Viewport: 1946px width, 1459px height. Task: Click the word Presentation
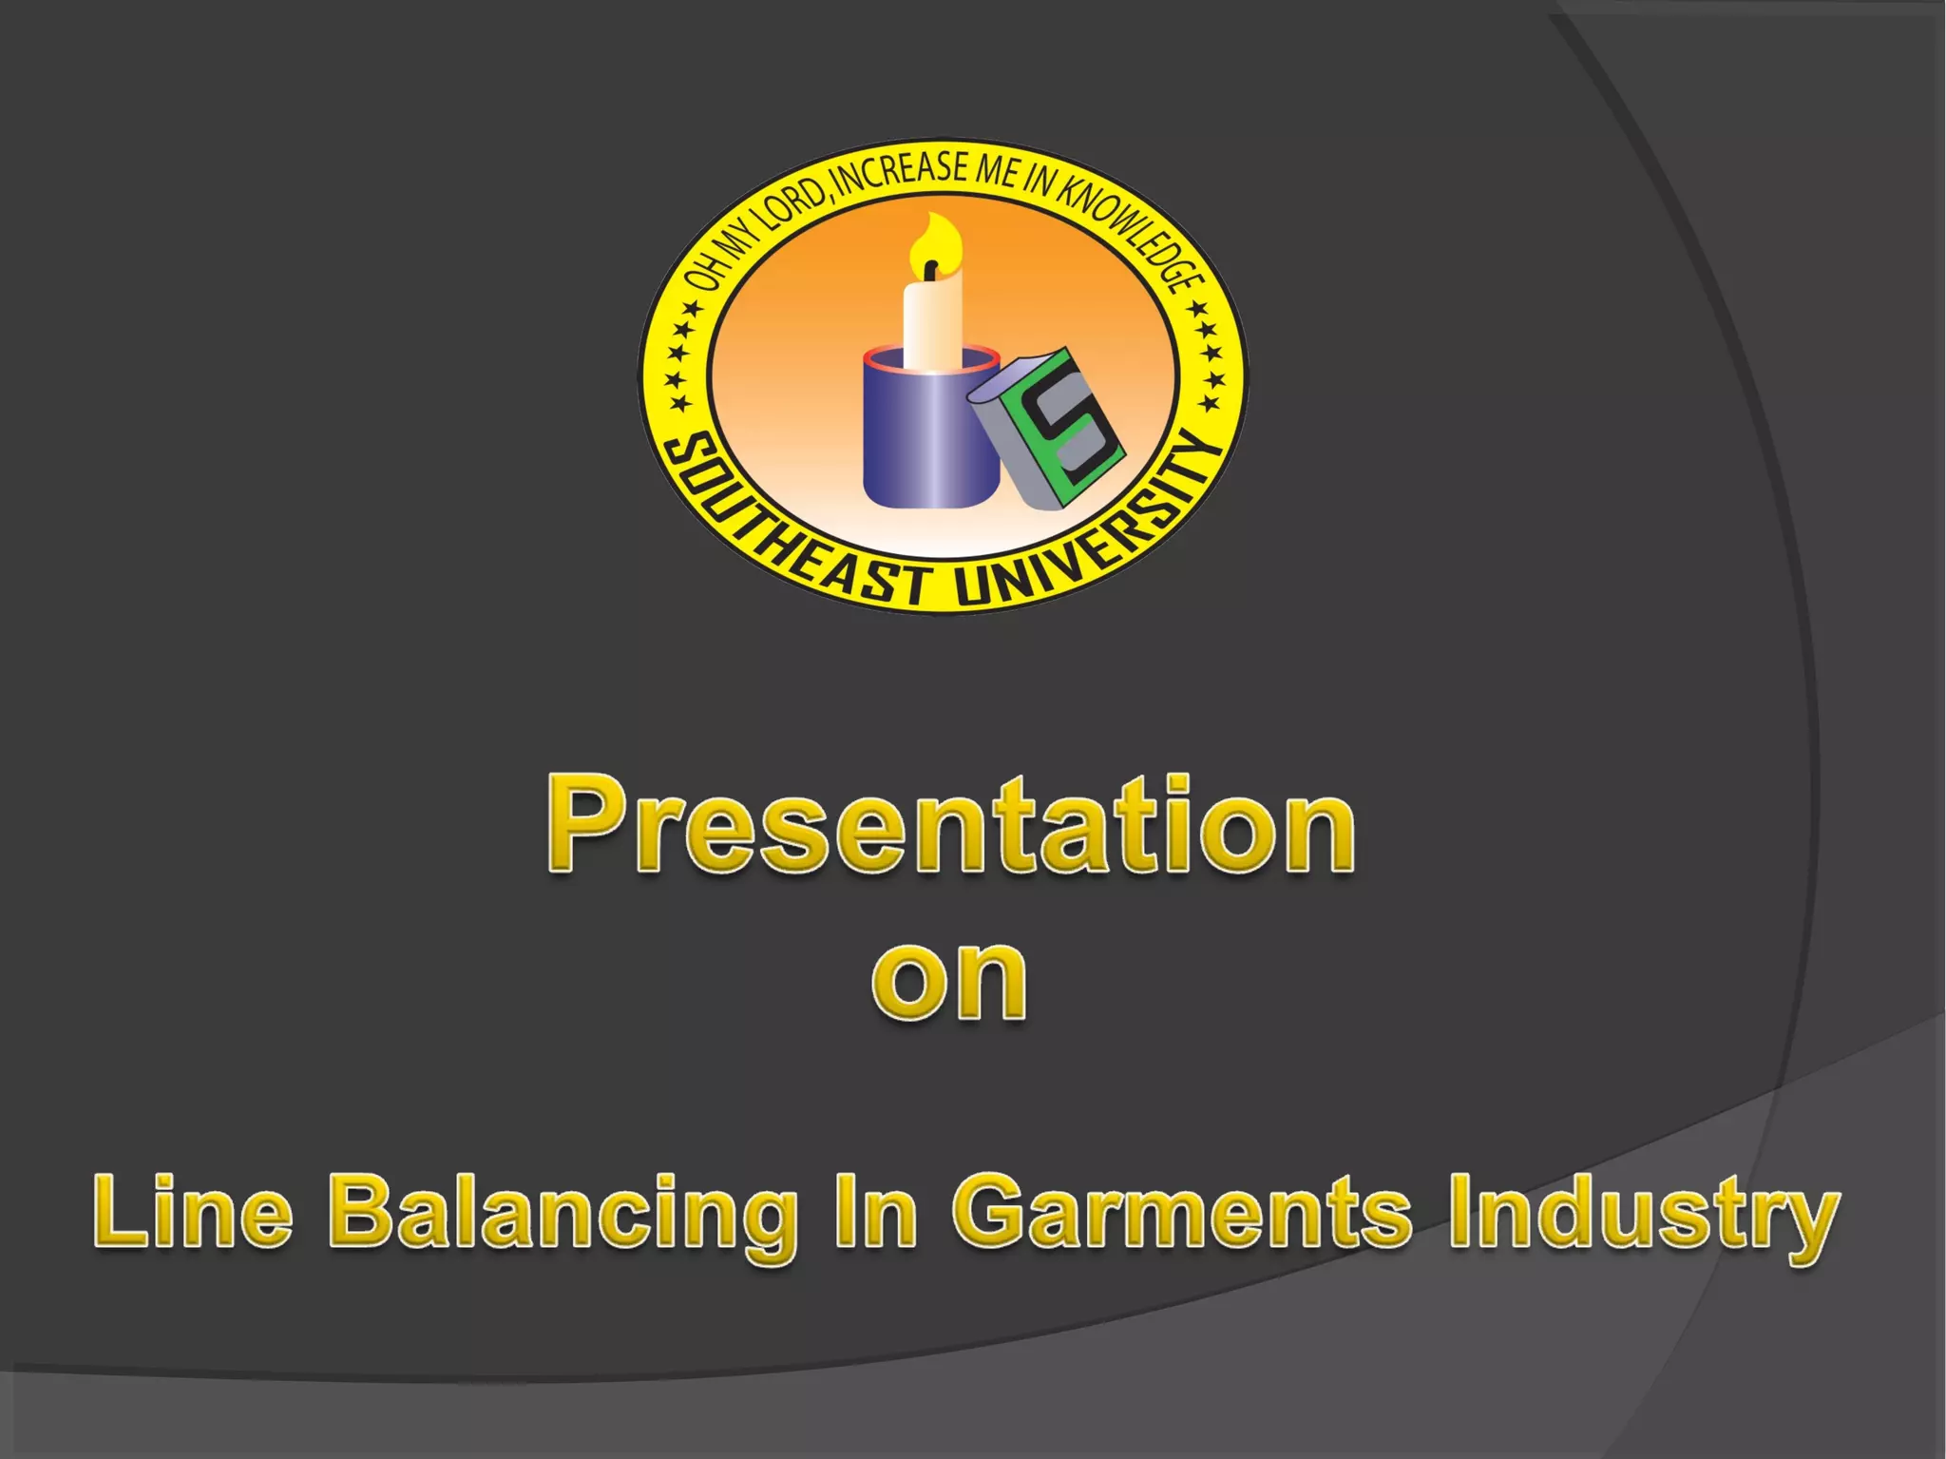point(950,825)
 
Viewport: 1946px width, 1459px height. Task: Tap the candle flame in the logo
point(935,242)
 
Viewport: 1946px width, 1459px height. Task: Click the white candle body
point(932,323)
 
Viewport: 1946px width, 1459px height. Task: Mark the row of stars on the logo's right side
point(1207,356)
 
